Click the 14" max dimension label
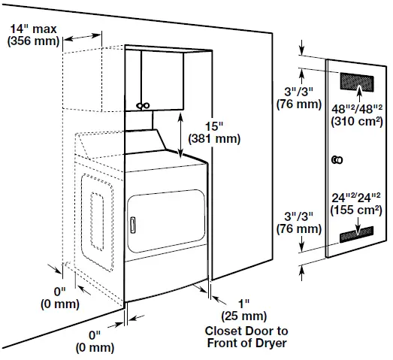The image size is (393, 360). [x=32, y=29]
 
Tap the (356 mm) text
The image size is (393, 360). [x=32, y=41]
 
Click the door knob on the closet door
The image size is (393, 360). [x=337, y=160]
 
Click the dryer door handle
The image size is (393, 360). [x=132, y=224]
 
